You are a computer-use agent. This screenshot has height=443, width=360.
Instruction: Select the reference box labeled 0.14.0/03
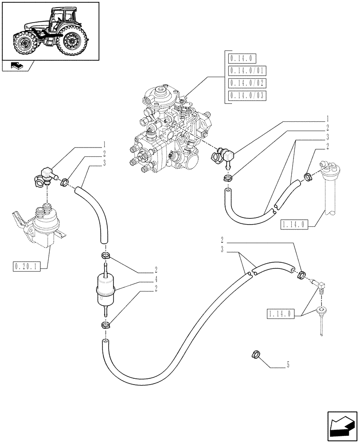point(247,96)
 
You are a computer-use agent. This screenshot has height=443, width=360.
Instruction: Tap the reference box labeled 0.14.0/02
point(247,83)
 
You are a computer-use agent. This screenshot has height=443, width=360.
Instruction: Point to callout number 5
point(288,365)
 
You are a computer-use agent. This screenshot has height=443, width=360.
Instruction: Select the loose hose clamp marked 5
point(255,354)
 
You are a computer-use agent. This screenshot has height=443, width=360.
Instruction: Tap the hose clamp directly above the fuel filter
point(106,256)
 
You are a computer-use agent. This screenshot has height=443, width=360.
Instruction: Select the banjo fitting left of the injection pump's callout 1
point(219,155)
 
